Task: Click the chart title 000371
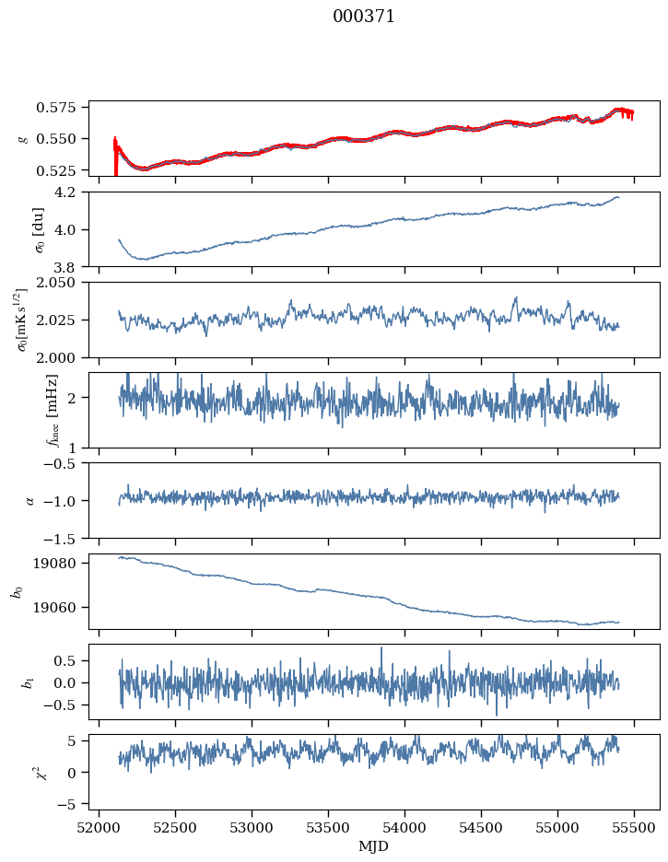pos(364,17)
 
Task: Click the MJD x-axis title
pos(374,846)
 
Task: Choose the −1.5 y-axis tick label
pos(66,538)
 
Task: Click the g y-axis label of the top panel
pos(22,138)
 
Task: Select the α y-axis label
pos(29,501)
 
